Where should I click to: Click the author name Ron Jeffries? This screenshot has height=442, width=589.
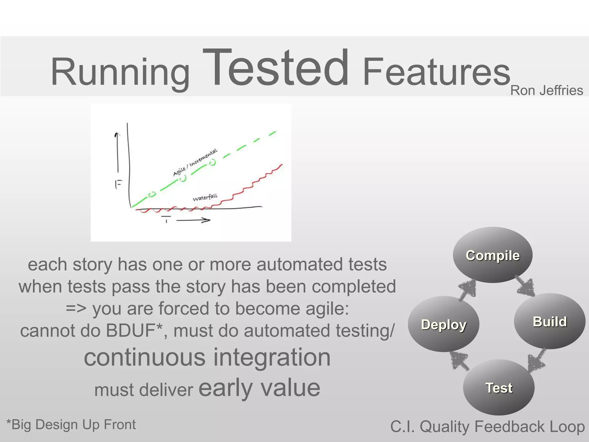point(546,91)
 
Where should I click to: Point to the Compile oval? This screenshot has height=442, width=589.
point(492,255)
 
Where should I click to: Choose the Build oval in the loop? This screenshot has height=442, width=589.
point(550,321)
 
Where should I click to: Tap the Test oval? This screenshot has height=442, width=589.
point(499,388)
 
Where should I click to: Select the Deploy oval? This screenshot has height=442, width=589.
point(443,324)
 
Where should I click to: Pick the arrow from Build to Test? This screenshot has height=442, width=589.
point(537,360)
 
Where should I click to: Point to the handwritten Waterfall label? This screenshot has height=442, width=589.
point(205,197)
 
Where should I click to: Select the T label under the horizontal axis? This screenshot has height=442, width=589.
point(166,219)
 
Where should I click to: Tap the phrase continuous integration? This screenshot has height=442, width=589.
point(207,357)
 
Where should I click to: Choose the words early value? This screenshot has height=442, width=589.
point(259,388)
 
